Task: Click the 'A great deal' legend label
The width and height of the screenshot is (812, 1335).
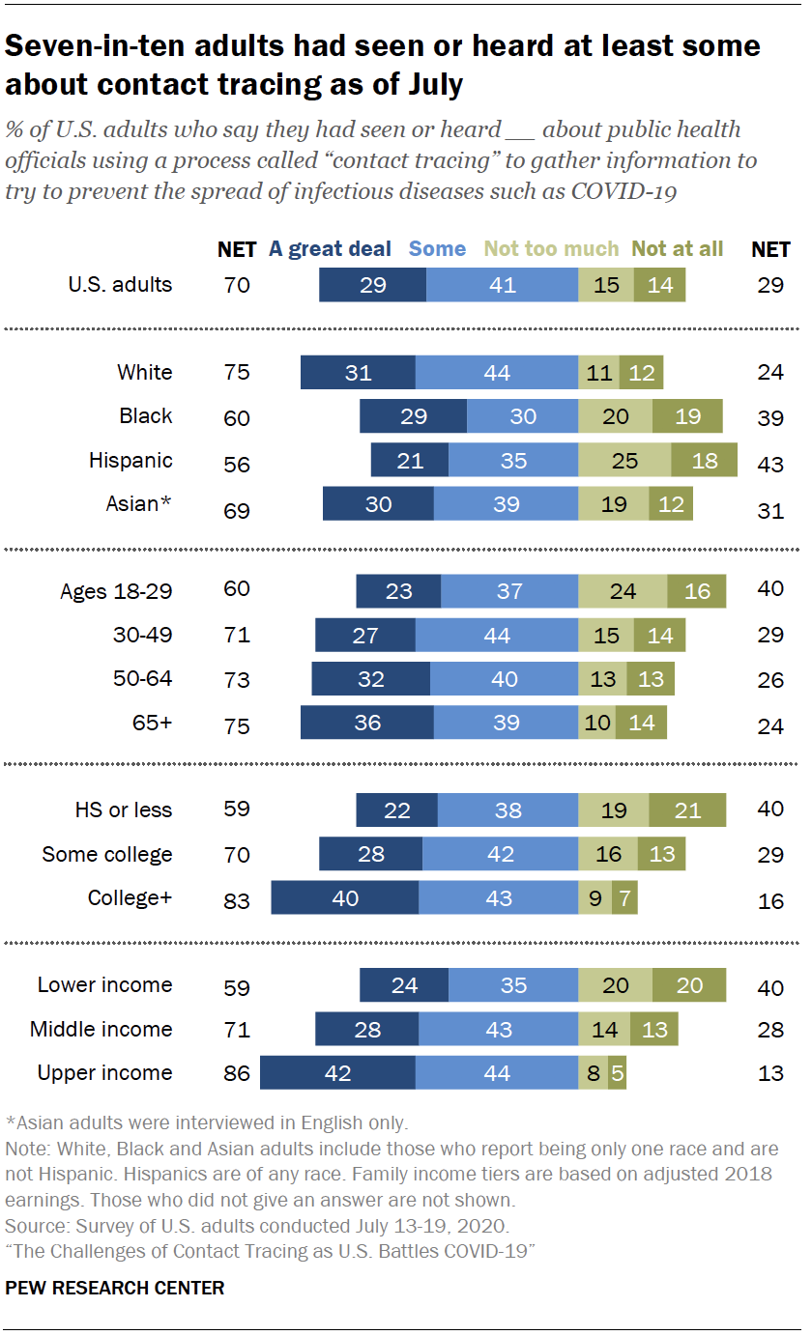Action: (330, 249)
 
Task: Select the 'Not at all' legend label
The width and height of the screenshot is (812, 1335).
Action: (678, 249)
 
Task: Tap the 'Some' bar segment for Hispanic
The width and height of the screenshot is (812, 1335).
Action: (513, 461)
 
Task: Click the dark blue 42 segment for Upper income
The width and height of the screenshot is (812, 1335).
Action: (337, 1073)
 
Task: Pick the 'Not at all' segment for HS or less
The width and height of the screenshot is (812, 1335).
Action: (687, 810)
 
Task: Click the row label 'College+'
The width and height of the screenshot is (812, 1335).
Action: (130, 897)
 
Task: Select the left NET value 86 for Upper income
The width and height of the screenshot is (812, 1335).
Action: (236, 1074)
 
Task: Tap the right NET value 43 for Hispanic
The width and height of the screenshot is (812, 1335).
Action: (770, 464)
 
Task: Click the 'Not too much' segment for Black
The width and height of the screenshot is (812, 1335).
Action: (615, 416)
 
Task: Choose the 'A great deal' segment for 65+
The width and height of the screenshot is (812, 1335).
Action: (367, 723)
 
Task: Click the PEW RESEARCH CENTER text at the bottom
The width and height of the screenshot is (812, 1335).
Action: (115, 1288)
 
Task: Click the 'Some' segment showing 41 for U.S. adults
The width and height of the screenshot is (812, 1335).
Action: (502, 285)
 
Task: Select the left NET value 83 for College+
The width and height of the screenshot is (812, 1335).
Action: (236, 901)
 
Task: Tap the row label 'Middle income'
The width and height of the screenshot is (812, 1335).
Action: (101, 1030)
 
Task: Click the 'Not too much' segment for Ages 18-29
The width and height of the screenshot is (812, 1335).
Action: (623, 590)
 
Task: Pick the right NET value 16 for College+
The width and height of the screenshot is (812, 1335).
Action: (770, 901)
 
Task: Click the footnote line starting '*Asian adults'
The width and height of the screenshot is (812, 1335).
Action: (207, 1123)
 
